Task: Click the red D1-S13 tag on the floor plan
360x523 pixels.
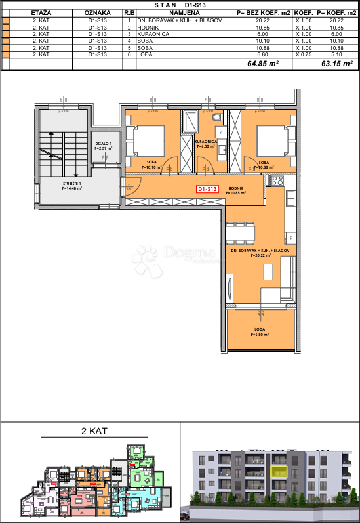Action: click(x=208, y=189)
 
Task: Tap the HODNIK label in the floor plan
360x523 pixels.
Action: click(x=235, y=188)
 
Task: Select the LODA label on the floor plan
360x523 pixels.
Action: click(x=259, y=330)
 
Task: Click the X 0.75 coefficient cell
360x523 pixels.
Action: click(x=302, y=54)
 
